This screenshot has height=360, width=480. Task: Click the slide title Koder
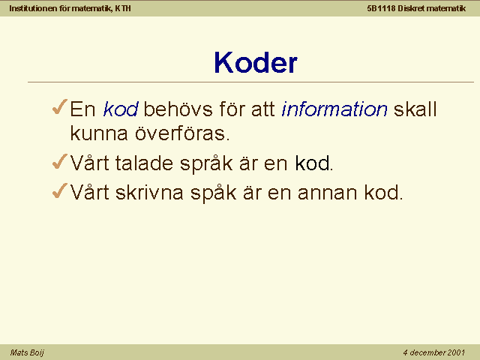click(x=256, y=62)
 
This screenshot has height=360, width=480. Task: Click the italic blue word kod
click(x=121, y=109)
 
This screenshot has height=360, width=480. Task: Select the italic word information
click(x=334, y=109)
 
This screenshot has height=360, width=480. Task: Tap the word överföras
click(x=182, y=133)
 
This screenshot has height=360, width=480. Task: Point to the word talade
click(x=144, y=163)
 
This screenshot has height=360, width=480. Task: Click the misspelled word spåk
click(x=213, y=193)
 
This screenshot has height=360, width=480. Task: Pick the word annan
click(x=327, y=193)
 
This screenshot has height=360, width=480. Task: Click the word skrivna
click(x=149, y=193)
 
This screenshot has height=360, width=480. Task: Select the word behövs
click(x=178, y=109)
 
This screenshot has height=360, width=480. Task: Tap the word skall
click(x=415, y=109)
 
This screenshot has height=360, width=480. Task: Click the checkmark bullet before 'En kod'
click(x=60, y=106)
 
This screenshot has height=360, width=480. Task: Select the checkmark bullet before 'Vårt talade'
click(x=60, y=161)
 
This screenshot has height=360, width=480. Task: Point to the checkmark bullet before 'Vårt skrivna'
click(x=60, y=190)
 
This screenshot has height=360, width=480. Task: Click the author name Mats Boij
click(x=27, y=352)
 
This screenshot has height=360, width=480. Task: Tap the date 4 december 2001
click(x=434, y=352)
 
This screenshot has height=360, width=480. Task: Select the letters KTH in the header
click(x=123, y=8)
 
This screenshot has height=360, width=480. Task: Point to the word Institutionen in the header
click(x=33, y=8)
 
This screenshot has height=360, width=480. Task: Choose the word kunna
click(x=99, y=133)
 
